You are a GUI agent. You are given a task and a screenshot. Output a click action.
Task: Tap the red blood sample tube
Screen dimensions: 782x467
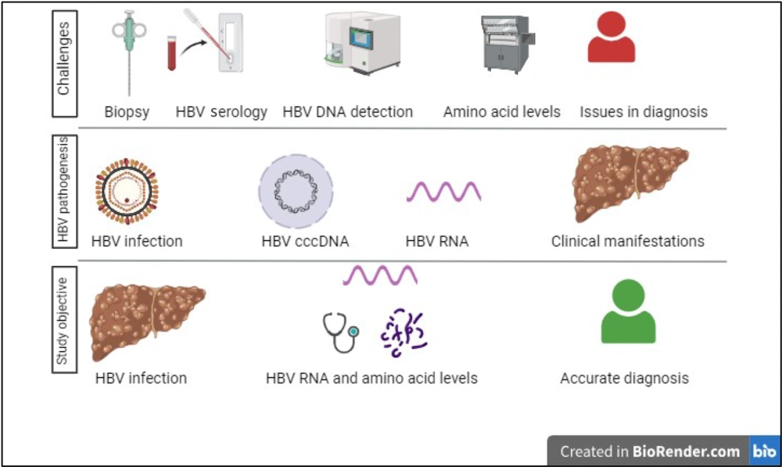pos(171,52)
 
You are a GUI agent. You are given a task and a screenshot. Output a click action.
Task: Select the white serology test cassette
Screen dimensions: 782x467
pos(231,42)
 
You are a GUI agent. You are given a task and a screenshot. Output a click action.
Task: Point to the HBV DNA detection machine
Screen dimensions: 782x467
pos(363,44)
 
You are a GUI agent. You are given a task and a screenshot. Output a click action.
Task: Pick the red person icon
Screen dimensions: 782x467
pos(611,37)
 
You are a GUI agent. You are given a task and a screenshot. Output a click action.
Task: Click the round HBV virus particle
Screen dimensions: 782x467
pos(127,191)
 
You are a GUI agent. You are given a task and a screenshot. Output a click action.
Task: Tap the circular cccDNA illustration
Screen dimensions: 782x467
pos(296,191)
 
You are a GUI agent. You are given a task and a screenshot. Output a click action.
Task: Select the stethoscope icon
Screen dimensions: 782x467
pos(341,332)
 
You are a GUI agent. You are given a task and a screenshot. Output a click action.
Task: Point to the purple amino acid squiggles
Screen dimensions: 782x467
pos(404,332)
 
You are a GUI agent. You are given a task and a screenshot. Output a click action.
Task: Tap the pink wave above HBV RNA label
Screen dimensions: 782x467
pos(444,192)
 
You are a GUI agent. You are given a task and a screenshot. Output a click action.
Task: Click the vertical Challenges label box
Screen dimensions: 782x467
pos(65,63)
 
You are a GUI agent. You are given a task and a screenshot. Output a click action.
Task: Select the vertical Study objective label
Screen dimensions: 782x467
pos(64,320)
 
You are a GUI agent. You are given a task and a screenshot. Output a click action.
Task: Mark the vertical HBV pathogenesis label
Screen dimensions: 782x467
pos(64,191)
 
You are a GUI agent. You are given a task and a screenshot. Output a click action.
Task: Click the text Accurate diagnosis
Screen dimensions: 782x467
pos(624,378)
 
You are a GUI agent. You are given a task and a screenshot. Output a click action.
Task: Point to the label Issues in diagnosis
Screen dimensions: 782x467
pos(644,112)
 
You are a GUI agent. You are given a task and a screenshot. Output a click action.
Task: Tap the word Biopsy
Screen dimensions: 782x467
pos(127,113)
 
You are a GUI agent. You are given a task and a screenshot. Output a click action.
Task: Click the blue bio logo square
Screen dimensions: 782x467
pos(764,451)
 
